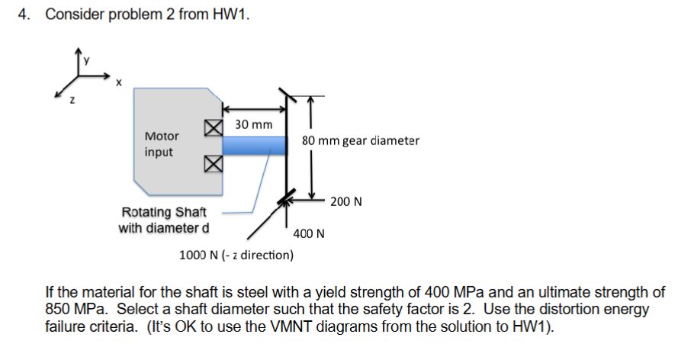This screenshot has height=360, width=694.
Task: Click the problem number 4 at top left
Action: click(x=24, y=14)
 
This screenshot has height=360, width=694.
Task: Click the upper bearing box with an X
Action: click(x=213, y=127)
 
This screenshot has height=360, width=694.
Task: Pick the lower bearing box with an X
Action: click(x=213, y=162)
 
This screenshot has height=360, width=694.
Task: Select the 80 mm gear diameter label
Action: click(x=360, y=140)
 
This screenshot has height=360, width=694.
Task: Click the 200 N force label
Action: click(x=346, y=201)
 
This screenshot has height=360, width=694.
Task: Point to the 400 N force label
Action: click(x=309, y=233)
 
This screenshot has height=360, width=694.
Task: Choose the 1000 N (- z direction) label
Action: click(x=236, y=255)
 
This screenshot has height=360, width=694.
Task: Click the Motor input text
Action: click(x=161, y=144)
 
